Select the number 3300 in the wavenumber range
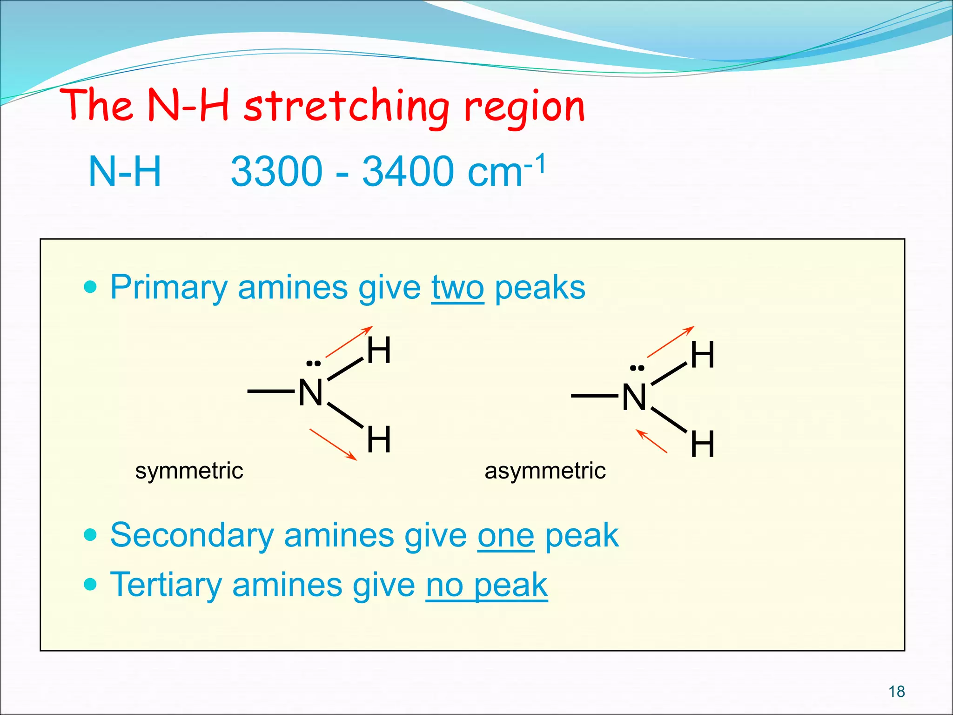tap(276, 171)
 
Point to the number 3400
tap(408, 171)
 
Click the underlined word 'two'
tap(457, 288)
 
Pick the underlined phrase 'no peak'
tap(487, 585)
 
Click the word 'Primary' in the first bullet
tap(168, 288)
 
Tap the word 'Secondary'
tap(192, 535)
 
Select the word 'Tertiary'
tap(166, 585)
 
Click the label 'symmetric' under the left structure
tap(189, 471)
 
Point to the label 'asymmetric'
tap(545, 471)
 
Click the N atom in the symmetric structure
tap(310, 392)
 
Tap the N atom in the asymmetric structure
tap(634, 397)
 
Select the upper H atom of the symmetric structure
tap(379, 350)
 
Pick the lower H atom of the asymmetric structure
tap(702, 444)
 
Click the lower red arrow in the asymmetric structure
tap(651, 441)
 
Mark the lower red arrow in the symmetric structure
tap(333, 445)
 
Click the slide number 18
tap(896, 692)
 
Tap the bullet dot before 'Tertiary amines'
tap(91, 584)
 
